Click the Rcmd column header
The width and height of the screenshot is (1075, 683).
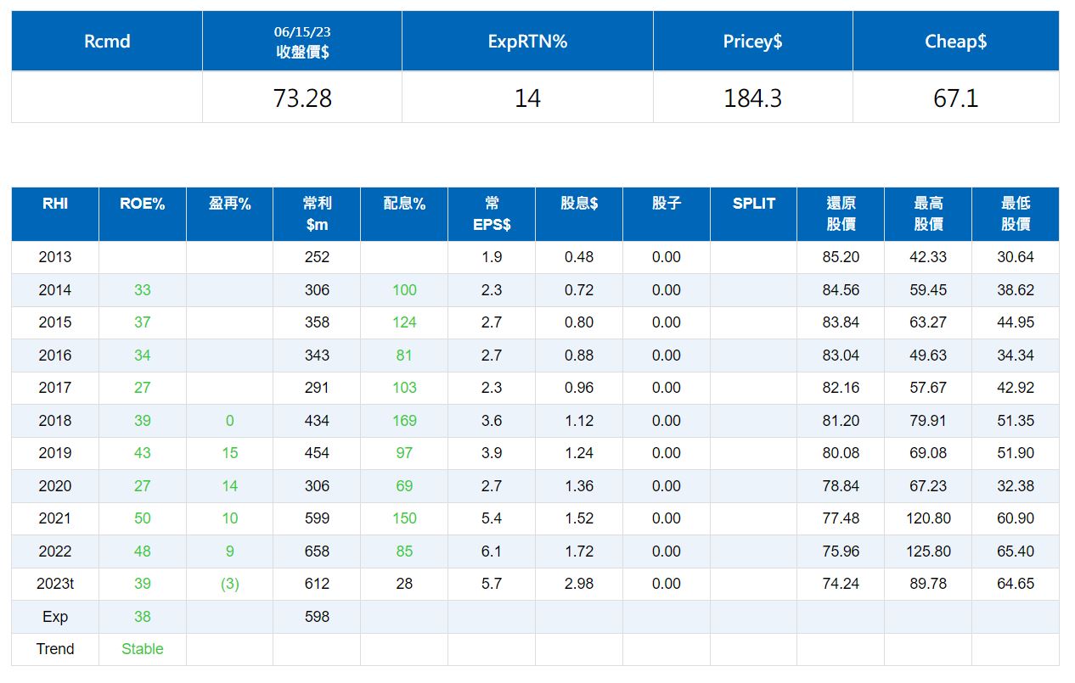click(x=107, y=42)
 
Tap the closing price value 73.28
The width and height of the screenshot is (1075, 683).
click(x=302, y=98)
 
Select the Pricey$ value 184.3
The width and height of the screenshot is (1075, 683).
click(x=752, y=98)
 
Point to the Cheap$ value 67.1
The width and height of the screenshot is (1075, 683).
click(x=955, y=98)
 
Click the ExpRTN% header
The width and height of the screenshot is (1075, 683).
click(x=527, y=42)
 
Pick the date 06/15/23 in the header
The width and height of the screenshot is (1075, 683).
click(x=302, y=31)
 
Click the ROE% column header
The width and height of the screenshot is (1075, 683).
click(x=142, y=204)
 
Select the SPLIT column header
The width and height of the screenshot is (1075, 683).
click(x=753, y=204)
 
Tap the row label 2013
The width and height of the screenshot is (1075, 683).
click(x=54, y=257)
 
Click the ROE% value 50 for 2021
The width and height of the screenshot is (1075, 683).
click(x=142, y=518)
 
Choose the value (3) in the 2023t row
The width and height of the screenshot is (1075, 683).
click(x=229, y=584)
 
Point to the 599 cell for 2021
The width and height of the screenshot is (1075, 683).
click(x=317, y=518)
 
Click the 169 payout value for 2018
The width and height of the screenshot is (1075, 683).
click(x=404, y=421)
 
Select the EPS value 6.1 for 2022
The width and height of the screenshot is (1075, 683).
click(x=492, y=551)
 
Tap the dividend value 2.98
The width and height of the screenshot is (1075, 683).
click(x=579, y=584)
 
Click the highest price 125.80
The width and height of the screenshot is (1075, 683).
click(x=928, y=551)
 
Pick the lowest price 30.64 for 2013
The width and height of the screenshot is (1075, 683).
click(x=1016, y=257)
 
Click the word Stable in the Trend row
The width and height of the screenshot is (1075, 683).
click(x=142, y=649)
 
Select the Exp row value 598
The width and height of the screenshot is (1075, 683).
click(x=317, y=616)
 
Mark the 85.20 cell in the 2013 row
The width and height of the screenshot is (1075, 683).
click(x=841, y=257)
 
